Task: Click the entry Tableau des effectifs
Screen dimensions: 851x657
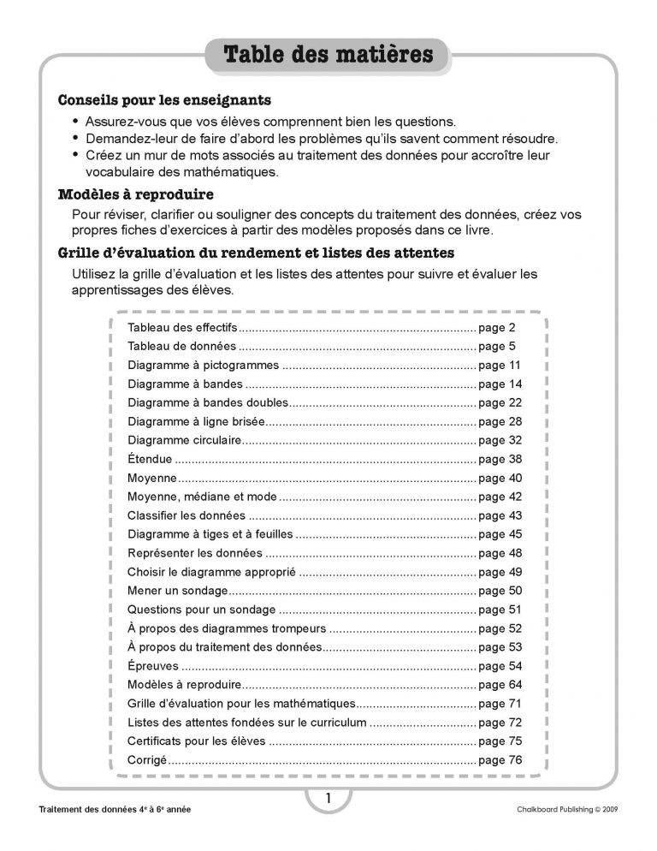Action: [181, 328]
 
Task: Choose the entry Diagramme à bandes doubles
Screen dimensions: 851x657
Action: [210, 403]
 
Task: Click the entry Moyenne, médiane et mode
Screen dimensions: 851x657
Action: [202, 497]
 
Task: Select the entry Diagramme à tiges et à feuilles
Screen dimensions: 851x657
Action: [210, 534]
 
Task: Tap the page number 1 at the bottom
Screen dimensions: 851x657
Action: [328, 800]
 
